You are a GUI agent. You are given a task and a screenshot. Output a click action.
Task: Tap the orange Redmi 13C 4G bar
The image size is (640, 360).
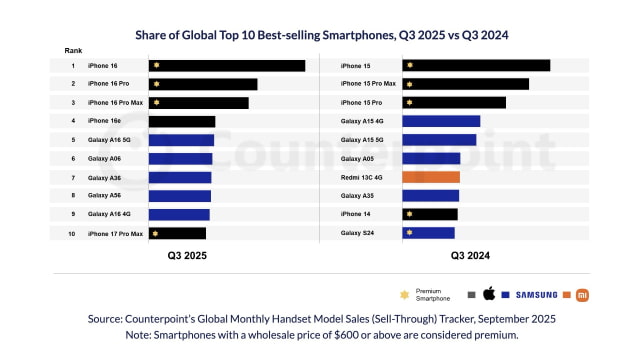coord(430,177)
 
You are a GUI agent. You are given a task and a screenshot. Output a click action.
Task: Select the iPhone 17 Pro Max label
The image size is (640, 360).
coord(115,233)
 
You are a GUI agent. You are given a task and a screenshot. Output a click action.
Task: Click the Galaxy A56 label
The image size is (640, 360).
coord(104,196)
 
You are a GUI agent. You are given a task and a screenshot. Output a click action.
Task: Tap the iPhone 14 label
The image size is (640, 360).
coord(356,214)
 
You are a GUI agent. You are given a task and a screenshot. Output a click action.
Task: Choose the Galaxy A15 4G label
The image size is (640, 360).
coord(362,121)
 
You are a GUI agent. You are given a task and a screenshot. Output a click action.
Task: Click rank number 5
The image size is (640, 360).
coord(73,140)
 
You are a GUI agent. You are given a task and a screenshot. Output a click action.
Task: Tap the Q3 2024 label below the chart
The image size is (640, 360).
coord(471,256)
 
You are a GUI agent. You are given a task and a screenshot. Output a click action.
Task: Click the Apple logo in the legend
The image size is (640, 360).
coord(489,294)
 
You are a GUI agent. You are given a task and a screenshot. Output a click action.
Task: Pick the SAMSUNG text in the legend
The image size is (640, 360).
coord(536,294)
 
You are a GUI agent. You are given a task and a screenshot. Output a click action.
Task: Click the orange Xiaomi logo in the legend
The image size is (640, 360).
coord(584,294)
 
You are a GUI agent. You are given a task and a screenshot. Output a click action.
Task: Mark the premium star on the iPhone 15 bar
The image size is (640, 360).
coord(410,66)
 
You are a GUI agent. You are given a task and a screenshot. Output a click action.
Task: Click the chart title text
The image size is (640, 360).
coord(320,34)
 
